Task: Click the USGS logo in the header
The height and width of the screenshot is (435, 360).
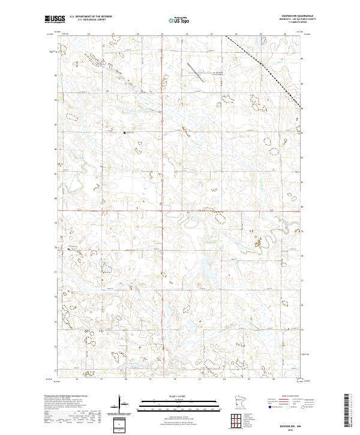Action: [x=53, y=20]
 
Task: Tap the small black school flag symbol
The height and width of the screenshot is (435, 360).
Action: [x=124, y=133]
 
